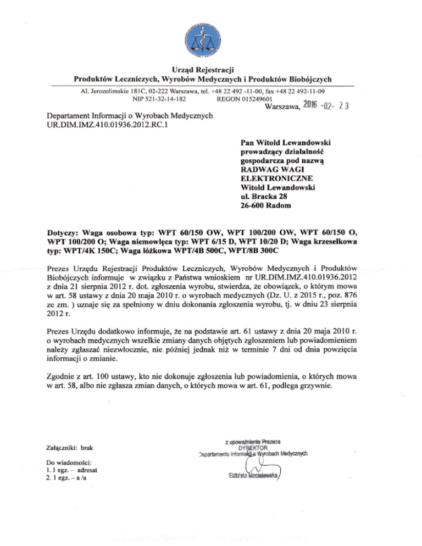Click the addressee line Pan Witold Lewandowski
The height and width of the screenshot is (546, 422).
[288, 141]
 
